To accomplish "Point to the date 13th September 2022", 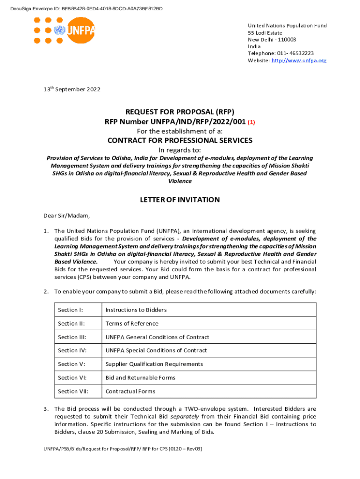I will pyautogui.click(x=69, y=89).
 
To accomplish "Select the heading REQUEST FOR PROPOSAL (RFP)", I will pyautogui.click(x=180, y=112).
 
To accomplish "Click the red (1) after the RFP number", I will pyautogui.click(x=251, y=122).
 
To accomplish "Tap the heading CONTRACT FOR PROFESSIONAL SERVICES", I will pyautogui.click(x=180, y=141).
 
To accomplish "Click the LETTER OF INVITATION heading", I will pyautogui.click(x=180, y=200).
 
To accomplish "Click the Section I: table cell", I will pyautogui.click(x=68, y=310).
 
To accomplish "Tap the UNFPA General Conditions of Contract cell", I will pyautogui.click(x=157, y=337).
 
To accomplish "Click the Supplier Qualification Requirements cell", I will pyautogui.click(x=154, y=364).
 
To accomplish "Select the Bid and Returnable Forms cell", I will pyautogui.click(x=140, y=378).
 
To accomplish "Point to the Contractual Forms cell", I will pyautogui.click(x=130, y=392).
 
